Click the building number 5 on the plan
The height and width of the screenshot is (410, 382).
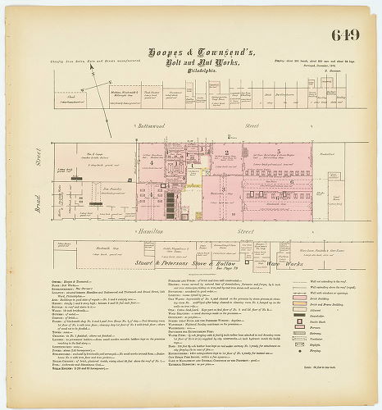(x=280, y=153)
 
